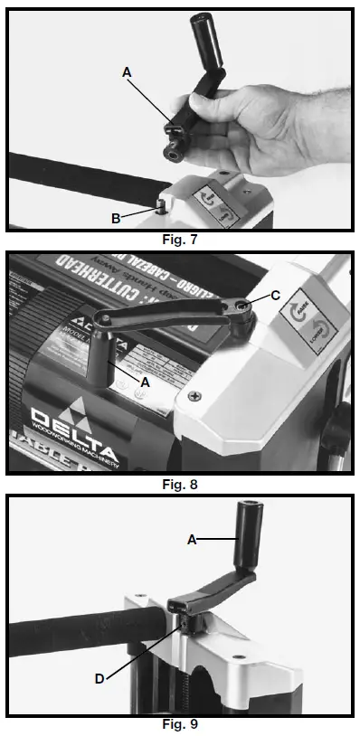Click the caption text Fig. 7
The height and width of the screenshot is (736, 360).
(180, 241)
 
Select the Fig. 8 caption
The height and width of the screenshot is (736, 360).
(180, 484)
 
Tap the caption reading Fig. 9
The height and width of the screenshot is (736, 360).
(180, 724)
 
